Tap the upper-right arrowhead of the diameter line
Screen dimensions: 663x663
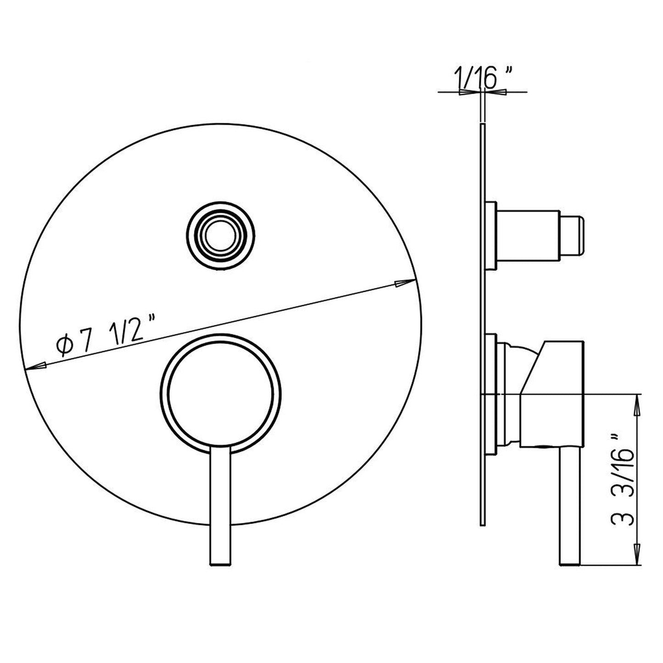pyautogui.click(x=404, y=283)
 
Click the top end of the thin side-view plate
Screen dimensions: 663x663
pyautogui.click(x=482, y=125)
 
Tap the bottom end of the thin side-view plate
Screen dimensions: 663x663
pyautogui.click(x=482, y=523)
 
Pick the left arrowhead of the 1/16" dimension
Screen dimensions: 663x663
pyautogui.click(x=468, y=92)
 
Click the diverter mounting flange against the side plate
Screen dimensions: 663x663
pyautogui.click(x=490, y=236)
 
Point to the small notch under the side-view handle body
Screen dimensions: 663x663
pyautogui.click(x=542, y=446)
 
